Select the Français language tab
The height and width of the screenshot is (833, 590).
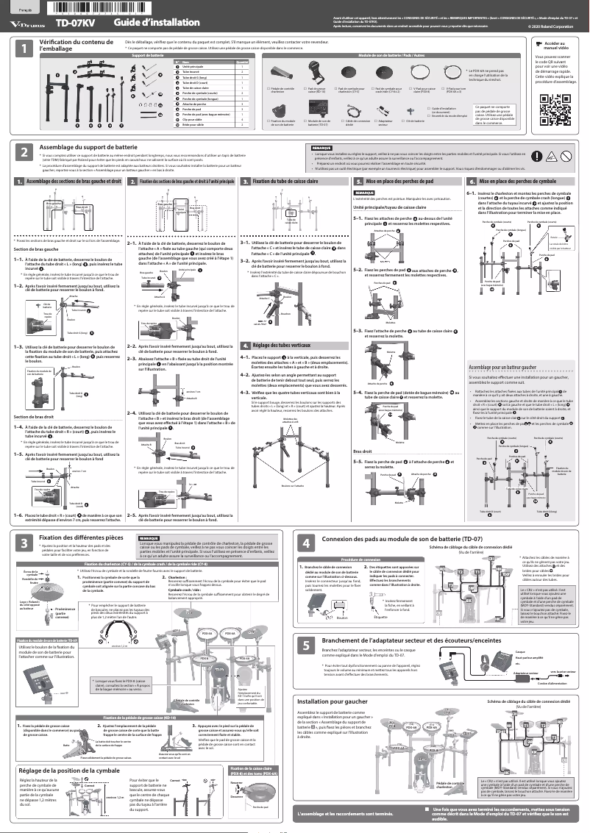24,8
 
